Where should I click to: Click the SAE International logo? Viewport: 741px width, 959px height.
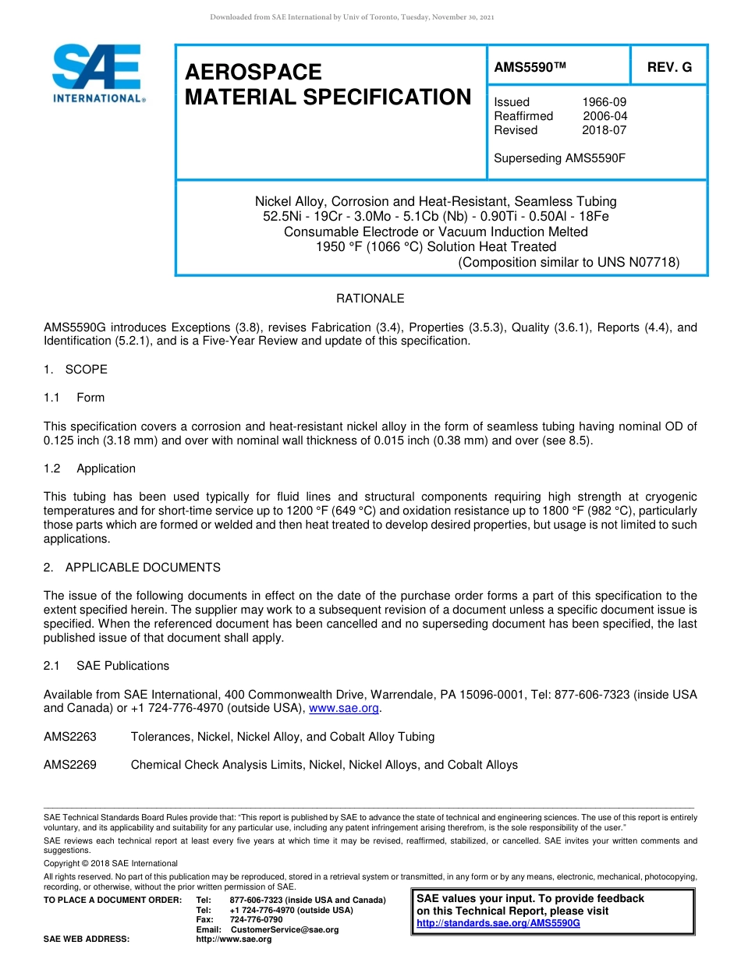pos(97,73)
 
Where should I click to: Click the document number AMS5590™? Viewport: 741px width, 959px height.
pos(530,68)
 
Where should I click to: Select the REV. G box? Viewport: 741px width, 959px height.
pos(669,68)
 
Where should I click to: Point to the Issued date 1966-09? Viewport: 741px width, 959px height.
pos(604,102)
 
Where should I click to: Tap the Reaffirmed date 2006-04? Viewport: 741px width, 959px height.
pos(604,116)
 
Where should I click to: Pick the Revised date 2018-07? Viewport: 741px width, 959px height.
pos(604,130)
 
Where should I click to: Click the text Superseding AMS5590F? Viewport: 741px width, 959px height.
pos(560,158)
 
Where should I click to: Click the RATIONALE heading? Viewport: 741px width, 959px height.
pos(370,299)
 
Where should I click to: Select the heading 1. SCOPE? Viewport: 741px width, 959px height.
pos(76,370)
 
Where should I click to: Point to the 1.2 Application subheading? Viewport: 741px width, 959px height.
pos(90,469)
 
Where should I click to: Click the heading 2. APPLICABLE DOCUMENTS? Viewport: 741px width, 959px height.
pos(132,568)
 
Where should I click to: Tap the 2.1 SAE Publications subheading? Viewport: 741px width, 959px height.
pos(107,666)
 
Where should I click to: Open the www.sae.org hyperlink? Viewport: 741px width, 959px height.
pos(344,709)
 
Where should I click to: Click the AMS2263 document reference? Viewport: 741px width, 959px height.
pos(70,737)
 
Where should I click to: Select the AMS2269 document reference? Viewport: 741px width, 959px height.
pos(70,765)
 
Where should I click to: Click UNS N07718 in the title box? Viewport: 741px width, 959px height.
pos(639,262)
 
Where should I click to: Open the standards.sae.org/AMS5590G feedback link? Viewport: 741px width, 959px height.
pos(498,923)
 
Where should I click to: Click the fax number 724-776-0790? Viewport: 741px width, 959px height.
pos(257,920)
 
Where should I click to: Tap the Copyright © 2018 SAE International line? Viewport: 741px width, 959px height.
pos(111,863)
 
